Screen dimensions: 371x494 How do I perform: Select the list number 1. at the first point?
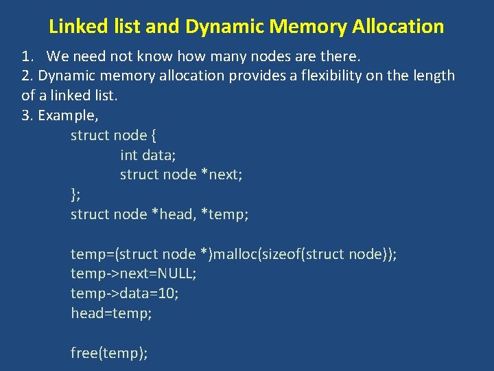tap(29, 56)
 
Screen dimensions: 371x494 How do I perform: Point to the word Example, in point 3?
tap(68, 115)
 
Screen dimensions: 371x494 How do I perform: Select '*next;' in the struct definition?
tap(221, 175)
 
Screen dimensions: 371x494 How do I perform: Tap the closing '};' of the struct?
tap(75, 194)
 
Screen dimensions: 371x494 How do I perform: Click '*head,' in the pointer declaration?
tap(173, 214)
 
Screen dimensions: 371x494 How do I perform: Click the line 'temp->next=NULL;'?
tap(133, 274)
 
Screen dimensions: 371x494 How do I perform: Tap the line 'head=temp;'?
tap(111, 314)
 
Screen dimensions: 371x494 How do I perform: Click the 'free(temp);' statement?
tap(109, 354)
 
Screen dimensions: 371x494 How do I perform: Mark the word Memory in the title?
tap(308, 27)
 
